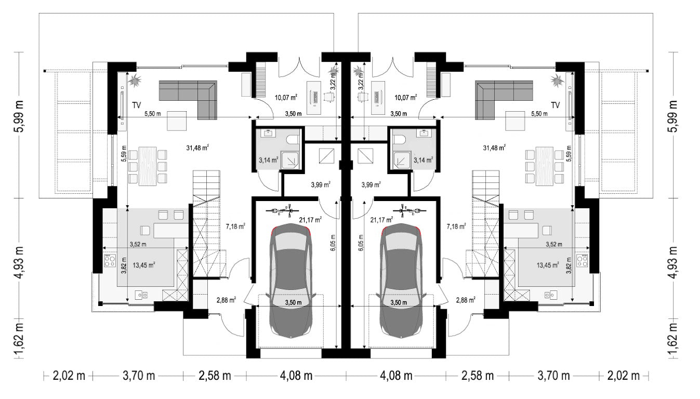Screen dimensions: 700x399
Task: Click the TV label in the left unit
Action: coord(137,105)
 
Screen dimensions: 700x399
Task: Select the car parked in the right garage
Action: coord(401,281)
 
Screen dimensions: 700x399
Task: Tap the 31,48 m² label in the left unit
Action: coord(197,148)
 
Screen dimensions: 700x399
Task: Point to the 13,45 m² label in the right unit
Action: coord(548,265)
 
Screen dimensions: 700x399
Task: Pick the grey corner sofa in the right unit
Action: coord(504,100)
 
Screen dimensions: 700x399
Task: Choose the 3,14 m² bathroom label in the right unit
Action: coord(423,161)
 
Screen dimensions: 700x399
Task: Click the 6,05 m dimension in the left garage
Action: coord(332,243)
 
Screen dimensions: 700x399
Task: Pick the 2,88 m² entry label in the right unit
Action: coord(466,300)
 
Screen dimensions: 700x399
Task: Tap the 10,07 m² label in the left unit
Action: coord(286,98)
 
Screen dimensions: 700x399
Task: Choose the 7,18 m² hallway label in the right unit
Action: coord(456,226)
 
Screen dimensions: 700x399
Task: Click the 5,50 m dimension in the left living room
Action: coord(152,114)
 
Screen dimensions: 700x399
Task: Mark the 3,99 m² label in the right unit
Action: coord(371,184)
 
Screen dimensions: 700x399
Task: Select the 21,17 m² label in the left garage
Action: coord(310,220)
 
